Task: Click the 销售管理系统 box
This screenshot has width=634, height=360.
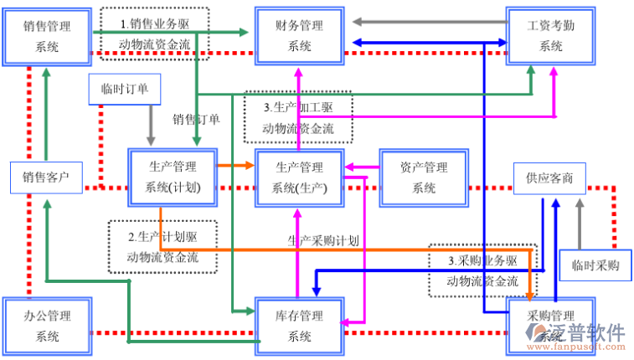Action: tap(47, 36)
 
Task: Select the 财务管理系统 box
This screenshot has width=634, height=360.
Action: tap(299, 36)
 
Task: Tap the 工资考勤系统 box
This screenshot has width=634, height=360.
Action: tap(550, 36)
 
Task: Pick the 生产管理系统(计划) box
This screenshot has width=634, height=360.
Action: tap(173, 177)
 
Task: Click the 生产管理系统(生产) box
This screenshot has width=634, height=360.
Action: tap(299, 177)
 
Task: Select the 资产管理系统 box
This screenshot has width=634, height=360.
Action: tap(424, 177)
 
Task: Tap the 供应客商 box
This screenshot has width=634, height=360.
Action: tap(549, 178)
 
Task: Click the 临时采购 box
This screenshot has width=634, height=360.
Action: tap(595, 265)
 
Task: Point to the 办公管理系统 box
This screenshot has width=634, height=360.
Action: tap(47, 326)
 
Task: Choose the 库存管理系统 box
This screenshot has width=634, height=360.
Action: tap(299, 326)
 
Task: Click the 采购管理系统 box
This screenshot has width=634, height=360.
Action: tap(549, 326)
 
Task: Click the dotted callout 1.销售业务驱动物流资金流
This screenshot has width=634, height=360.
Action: tap(154, 34)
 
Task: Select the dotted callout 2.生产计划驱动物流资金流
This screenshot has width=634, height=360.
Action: tap(162, 246)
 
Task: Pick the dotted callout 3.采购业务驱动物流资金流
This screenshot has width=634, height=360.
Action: tap(482, 270)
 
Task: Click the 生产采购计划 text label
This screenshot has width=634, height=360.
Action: tap(323, 240)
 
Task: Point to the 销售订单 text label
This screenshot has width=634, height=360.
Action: tap(198, 119)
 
